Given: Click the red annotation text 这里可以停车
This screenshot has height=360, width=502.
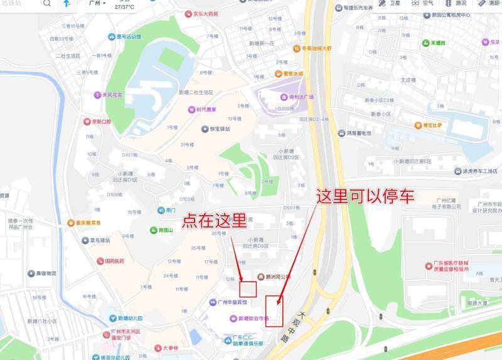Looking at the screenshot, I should coord(365,196).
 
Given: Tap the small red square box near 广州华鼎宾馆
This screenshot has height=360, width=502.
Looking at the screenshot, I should coord(249,289).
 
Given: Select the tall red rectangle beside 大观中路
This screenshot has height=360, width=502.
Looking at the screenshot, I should coord(274,310).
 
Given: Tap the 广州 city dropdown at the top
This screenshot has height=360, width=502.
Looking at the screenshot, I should coord(97,4).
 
